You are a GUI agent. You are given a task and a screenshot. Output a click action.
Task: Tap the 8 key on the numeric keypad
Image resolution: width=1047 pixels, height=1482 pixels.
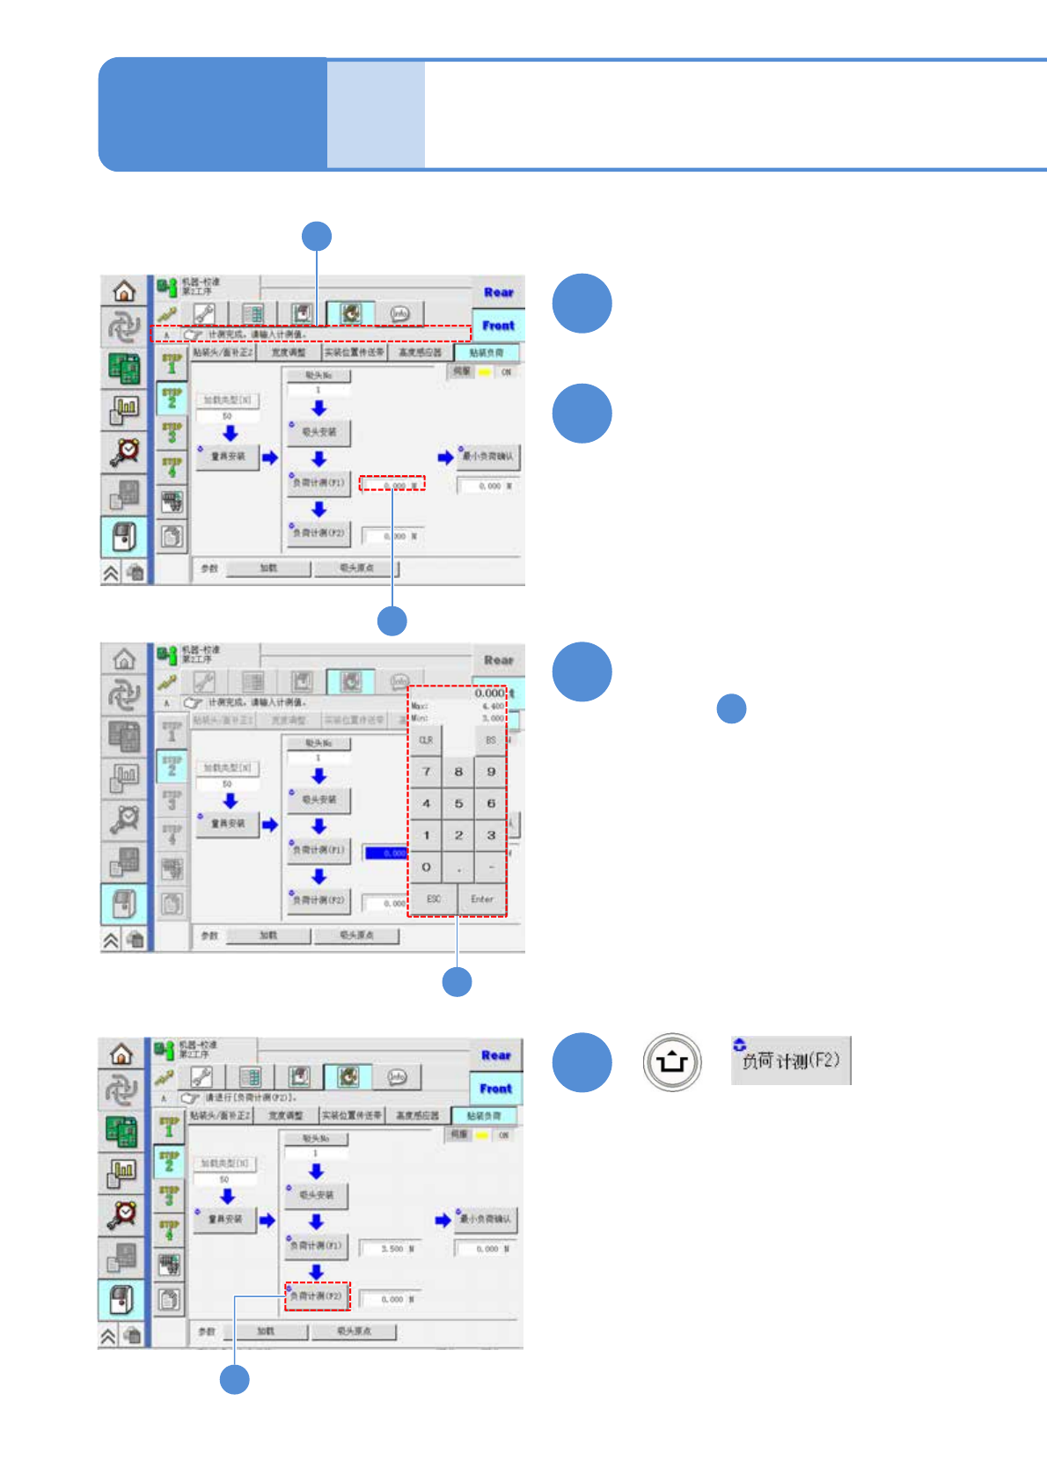point(458,772)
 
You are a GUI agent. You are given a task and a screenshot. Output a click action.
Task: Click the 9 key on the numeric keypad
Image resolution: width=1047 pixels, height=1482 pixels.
point(491,772)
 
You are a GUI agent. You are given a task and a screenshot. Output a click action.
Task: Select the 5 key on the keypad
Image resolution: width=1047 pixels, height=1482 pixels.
point(458,803)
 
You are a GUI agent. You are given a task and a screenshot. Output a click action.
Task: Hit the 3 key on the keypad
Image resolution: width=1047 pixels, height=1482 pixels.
point(491,835)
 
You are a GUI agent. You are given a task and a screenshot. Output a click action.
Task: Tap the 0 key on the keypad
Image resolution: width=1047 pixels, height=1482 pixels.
point(426,867)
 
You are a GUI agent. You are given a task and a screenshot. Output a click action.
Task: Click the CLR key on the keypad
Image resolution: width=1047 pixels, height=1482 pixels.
point(426,740)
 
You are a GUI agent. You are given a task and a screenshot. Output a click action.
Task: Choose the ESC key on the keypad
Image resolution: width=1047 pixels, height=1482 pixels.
point(434,899)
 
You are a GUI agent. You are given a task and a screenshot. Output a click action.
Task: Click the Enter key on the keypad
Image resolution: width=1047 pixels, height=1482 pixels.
point(481,899)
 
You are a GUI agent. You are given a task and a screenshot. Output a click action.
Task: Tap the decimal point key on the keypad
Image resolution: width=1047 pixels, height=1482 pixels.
point(458,867)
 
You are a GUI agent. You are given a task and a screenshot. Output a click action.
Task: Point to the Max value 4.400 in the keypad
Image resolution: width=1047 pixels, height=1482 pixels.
point(493,707)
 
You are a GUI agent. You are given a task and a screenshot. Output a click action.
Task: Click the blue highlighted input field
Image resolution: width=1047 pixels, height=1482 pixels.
point(386,853)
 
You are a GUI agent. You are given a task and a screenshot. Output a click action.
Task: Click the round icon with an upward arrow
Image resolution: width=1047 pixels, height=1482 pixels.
point(672,1061)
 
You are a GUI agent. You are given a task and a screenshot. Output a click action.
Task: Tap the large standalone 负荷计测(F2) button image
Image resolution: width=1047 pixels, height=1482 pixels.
point(790,1060)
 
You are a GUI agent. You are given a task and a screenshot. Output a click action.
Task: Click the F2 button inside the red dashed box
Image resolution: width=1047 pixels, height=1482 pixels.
point(317,1296)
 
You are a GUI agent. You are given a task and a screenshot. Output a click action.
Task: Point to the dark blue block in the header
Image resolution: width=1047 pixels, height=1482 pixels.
point(213,114)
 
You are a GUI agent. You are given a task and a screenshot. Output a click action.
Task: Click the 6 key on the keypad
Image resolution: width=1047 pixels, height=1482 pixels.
point(491,803)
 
